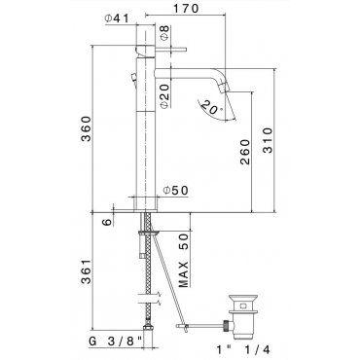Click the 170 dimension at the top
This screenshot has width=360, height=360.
coord(186,9)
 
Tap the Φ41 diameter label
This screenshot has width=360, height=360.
coord(117,18)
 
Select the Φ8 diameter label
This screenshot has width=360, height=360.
coord(164,33)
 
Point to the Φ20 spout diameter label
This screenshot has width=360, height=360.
coord(164,96)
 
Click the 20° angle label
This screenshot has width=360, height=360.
coord(211,108)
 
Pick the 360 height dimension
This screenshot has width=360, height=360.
coord(87,128)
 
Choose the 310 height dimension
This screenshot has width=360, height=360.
coord(268,140)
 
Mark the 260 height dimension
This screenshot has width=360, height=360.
coord(245,152)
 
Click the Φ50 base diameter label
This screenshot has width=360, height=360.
coord(175,191)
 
